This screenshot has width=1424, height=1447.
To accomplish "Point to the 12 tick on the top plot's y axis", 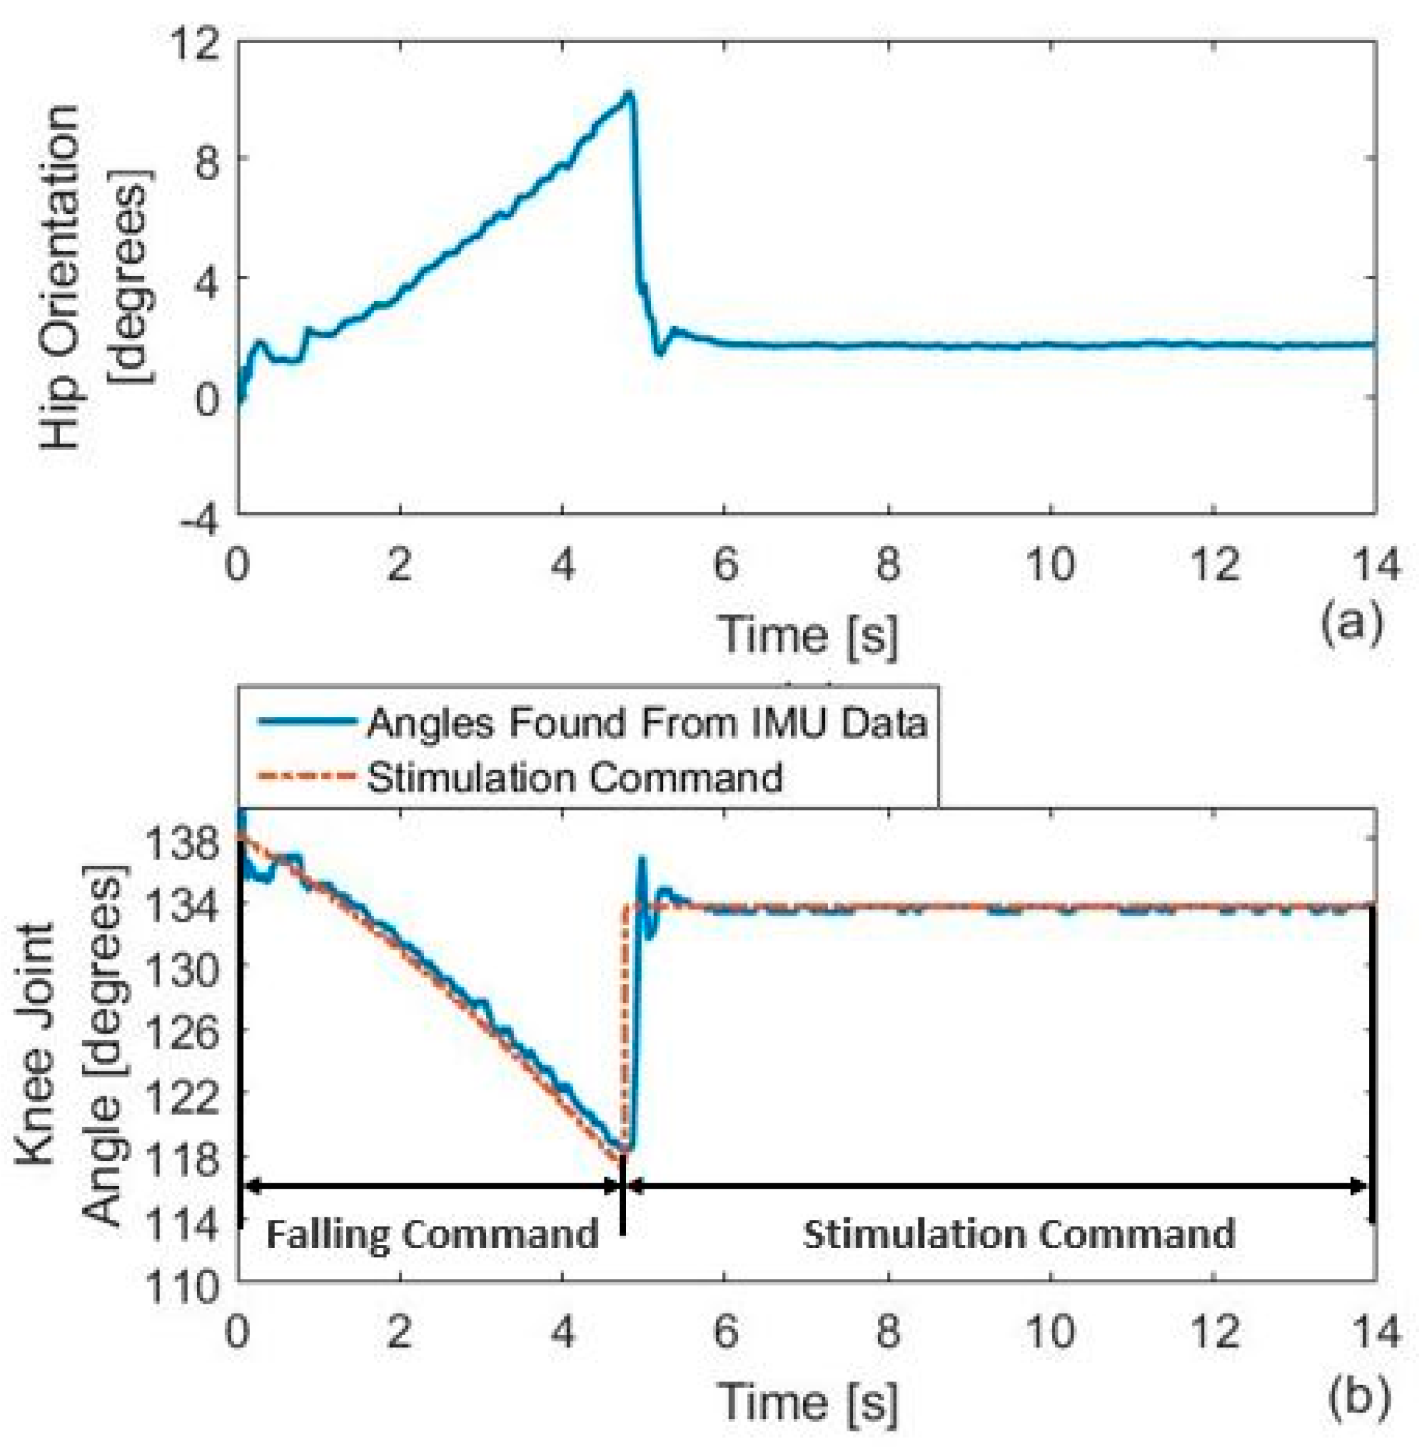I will (197, 41).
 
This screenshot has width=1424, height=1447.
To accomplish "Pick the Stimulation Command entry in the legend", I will (574, 777).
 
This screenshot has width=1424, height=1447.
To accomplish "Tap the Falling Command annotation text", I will (432, 1234).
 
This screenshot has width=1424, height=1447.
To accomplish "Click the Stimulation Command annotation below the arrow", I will (1018, 1234).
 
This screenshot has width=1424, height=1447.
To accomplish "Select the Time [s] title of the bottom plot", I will (808, 1402).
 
